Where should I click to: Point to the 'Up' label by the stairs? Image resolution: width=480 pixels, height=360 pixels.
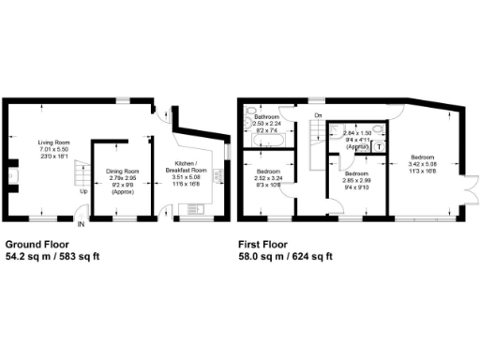tap(84, 192)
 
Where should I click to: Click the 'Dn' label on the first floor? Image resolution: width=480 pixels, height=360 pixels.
tap(319, 115)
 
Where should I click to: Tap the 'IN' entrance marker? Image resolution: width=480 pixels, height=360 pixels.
tap(81, 225)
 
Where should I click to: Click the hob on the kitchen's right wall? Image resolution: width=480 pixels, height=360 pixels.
tap(221, 174)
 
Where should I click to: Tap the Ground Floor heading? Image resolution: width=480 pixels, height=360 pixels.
tap(35, 243)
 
